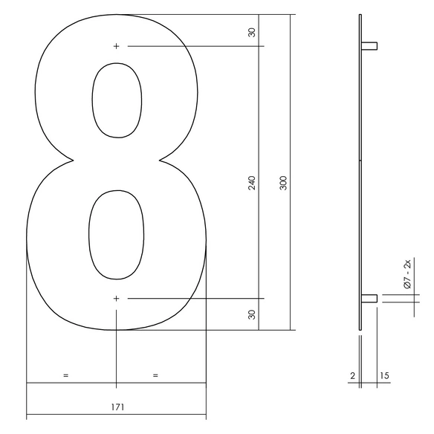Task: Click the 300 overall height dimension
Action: click(283, 183)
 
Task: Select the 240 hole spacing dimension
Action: click(252, 183)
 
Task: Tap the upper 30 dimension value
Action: click(252, 33)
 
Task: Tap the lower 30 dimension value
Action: click(252, 314)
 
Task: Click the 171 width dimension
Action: click(118, 407)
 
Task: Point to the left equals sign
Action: click(65, 375)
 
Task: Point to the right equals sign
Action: click(155, 375)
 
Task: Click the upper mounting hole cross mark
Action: click(116, 46)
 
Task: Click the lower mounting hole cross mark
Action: click(116, 299)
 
